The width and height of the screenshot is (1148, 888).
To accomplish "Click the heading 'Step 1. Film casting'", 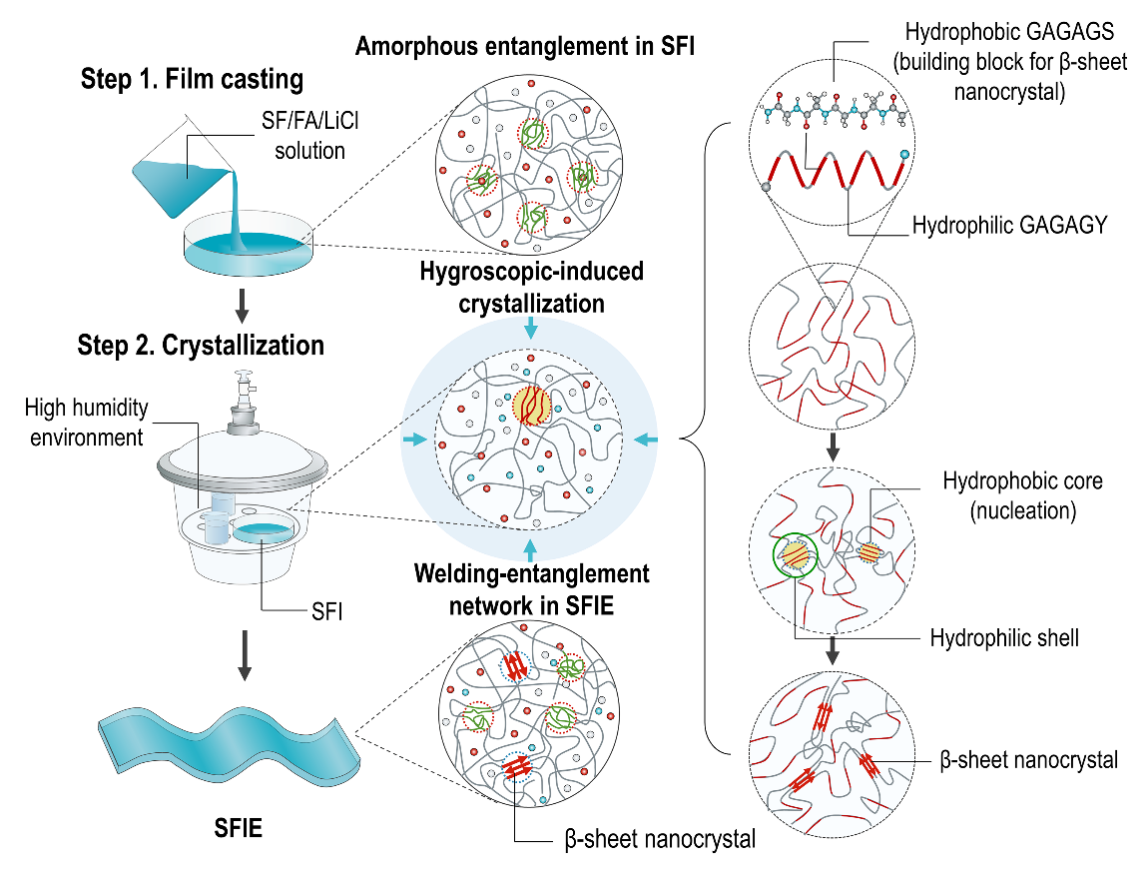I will tap(192, 79).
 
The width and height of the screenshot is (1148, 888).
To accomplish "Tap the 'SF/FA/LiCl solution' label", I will tap(299, 137).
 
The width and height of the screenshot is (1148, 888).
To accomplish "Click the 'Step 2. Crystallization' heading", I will tap(201, 346).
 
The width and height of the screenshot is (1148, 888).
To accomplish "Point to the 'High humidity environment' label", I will tap(86, 422).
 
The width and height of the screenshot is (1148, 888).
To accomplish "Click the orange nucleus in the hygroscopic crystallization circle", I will tap(531, 406).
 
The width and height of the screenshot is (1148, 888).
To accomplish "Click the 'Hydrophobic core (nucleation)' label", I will tap(1022, 494).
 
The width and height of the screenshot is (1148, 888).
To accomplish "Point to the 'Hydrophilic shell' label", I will tap(1004, 637).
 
